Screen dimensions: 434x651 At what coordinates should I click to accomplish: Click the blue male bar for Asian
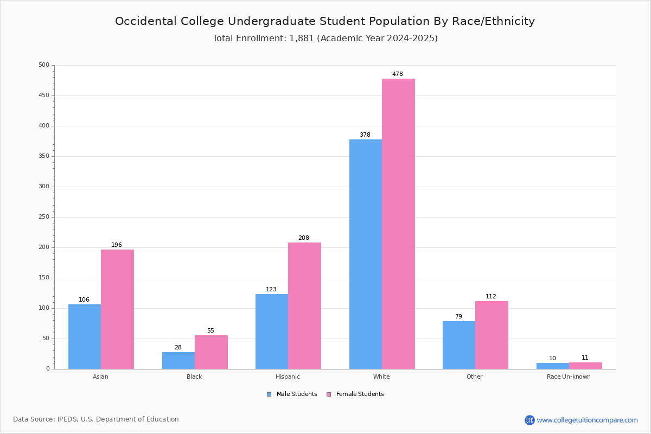click(85, 336)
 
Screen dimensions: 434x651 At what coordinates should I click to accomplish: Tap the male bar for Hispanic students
click(272, 331)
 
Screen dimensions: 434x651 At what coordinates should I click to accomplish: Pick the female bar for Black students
click(211, 352)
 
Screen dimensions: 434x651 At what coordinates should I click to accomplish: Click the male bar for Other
click(459, 345)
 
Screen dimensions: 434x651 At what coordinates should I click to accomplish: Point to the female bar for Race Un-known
click(585, 366)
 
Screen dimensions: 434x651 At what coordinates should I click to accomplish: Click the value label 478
click(398, 74)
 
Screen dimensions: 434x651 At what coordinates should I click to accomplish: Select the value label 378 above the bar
click(365, 135)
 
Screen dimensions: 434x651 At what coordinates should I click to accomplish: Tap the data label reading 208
click(304, 238)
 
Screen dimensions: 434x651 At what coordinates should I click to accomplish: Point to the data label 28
click(178, 348)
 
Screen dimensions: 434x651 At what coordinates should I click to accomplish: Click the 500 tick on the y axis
click(44, 65)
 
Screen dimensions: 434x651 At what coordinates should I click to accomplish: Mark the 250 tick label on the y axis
click(44, 217)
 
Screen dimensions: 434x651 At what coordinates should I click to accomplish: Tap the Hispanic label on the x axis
click(288, 376)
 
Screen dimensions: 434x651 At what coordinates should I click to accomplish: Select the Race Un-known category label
click(569, 376)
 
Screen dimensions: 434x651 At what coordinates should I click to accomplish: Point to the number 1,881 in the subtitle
click(302, 39)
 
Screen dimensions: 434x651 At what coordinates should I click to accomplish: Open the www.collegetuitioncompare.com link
click(587, 420)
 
